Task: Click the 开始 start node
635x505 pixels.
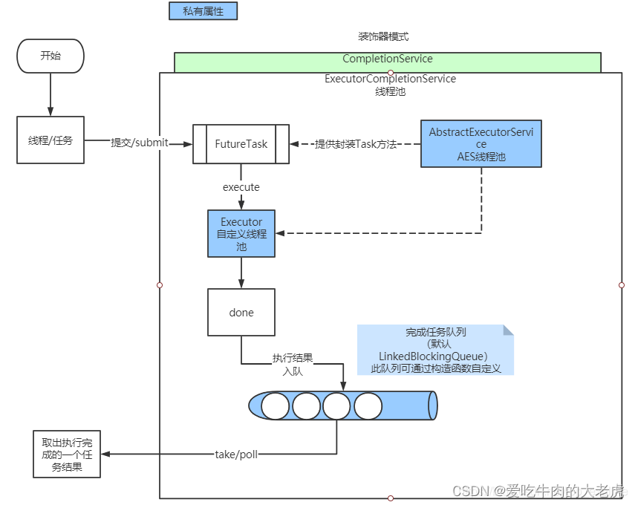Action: (x=51, y=56)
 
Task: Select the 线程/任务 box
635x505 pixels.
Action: (x=51, y=140)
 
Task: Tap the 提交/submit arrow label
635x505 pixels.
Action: (x=140, y=143)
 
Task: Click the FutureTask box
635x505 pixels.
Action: (x=241, y=143)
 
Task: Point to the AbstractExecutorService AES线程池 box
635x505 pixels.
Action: (x=481, y=143)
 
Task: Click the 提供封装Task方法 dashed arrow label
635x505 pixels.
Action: (x=356, y=144)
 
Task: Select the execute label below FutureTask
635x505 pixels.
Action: (x=241, y=187)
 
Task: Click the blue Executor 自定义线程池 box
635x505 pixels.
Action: (x=241, y=233)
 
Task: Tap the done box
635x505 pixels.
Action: (x=241, y=313)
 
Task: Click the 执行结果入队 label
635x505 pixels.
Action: (x=292, y=364)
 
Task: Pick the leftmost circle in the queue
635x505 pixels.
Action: (x=276, y=406)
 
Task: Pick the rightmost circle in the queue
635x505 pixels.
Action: (x=368, y=406)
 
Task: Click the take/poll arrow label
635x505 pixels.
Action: (x=236, y=454)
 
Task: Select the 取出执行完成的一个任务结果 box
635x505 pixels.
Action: (x=67, y=454)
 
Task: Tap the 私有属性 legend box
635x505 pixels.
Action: (x=203, y=12)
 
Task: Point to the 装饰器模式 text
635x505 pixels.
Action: (x=382, y=36)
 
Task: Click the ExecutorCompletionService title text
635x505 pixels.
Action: (x=390, y=79)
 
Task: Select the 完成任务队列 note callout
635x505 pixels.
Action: (x=435, y=350)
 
